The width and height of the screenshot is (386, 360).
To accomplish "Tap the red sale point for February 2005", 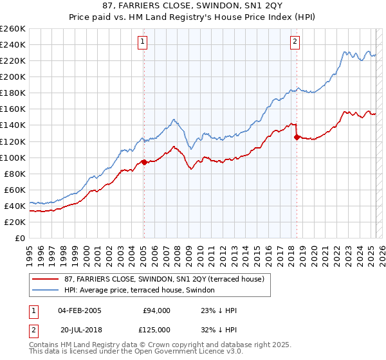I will click(x=144, y=162).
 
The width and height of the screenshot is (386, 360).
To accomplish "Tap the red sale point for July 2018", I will click(x=297, y=137).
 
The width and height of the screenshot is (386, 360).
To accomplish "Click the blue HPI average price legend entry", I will click(x=143, y=290).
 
